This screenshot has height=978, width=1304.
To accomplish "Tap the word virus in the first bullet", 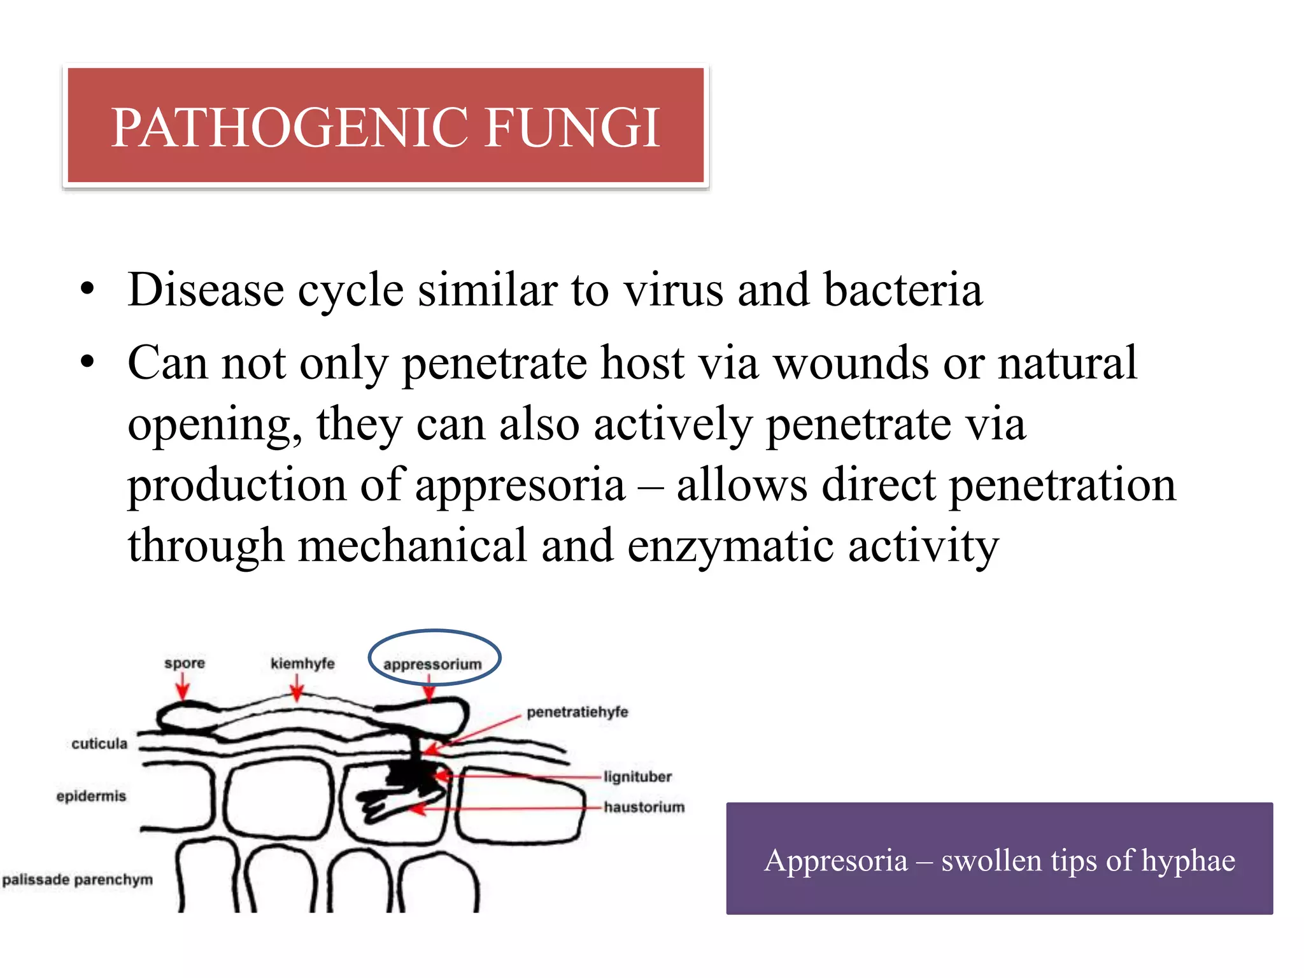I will pyautogui.click(x=673, y=290).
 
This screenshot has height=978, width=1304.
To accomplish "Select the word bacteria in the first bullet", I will pyautogui.click(x=903, y=290).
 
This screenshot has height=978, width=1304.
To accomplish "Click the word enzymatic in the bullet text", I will pyautogui.click(x=730, y=546).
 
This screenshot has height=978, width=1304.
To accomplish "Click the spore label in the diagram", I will pyautogui.click(x=185, y=663).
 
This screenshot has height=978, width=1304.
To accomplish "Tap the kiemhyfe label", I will pyautogui.click(x=302, y=663).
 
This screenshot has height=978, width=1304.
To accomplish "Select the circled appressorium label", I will pyautogui.click(x=432, y=664).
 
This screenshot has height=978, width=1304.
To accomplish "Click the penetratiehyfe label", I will pyautogui.click(x=577, y=712).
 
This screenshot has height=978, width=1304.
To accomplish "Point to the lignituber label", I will pyautogui.click(x=637, y=777).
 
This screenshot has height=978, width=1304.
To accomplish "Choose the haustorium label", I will pyautogui.click(x=644, y=807).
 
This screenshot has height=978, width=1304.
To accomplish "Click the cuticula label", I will pyautogui.click(x=99, y=744).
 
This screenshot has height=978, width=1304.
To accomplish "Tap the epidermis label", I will pyautogui.click(x=91, y=796).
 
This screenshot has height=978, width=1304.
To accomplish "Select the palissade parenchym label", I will pyautogui.click(x=78, y=880).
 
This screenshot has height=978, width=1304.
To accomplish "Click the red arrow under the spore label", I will pyautogui.click(x=183, y=688).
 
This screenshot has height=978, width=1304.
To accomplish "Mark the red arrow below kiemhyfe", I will pyautogui.click(x=297, y=688).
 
